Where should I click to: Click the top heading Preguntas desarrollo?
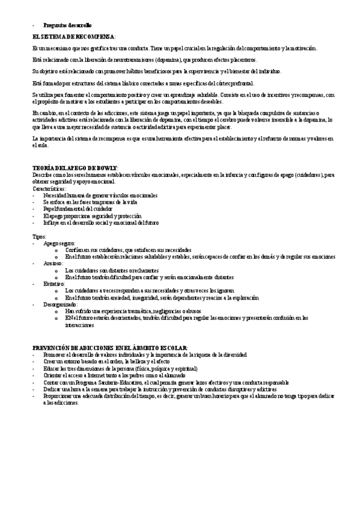[67, 26]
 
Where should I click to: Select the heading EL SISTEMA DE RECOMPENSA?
[74, 37]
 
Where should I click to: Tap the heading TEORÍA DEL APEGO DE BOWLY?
[75, 167]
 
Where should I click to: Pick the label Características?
[49, 188]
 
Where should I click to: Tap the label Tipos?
[39, 237]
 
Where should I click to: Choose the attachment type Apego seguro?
[59, 243]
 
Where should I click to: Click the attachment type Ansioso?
[53, 263]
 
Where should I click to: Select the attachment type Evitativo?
[54, 283]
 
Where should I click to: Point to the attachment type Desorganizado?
[60, 304]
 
